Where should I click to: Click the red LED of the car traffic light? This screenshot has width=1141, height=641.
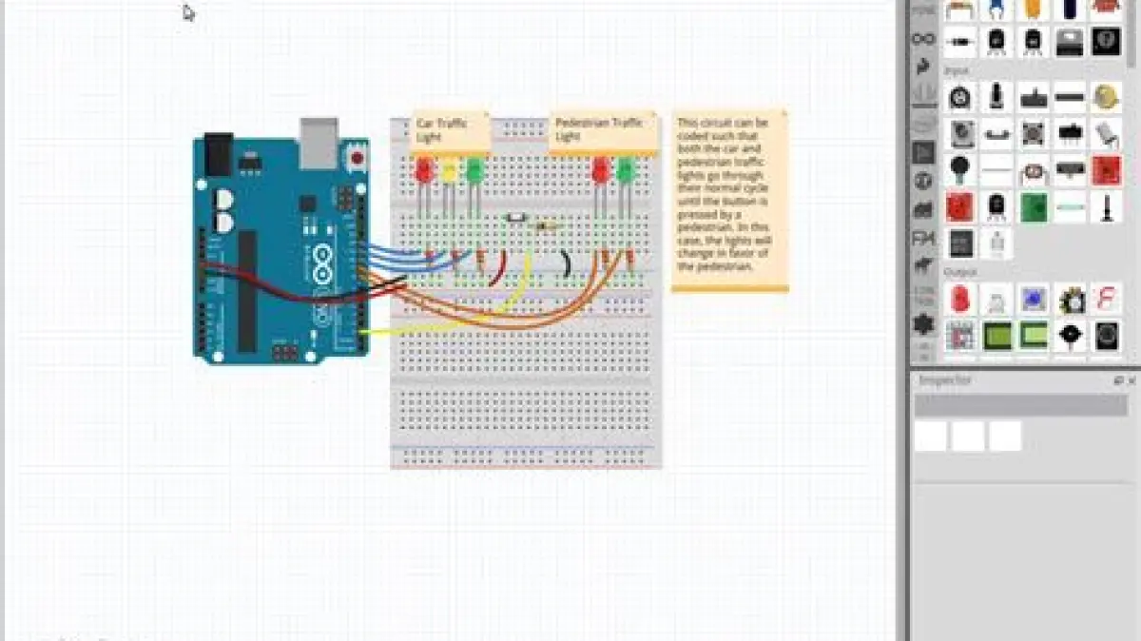coord(424,172)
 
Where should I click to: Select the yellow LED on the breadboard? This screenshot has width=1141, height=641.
coord(450,172)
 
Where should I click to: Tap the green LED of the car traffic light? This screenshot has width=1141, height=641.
coord(474,171)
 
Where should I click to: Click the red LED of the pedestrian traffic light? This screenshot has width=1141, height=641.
coord(600,171)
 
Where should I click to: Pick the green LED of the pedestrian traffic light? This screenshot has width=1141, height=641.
coord(625,171)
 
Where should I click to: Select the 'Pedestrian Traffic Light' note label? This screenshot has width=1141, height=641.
coord(603,130)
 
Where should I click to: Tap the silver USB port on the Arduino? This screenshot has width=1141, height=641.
coord(319,136)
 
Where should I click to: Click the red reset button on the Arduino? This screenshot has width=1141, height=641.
coord(357,158)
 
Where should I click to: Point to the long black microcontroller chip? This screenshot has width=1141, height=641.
coord(247,290)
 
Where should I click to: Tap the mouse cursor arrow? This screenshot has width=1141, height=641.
coord(188,12)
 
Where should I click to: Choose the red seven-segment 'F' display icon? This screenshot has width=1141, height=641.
coord(1106,299)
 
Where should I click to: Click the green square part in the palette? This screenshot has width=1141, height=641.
coord(1033,206)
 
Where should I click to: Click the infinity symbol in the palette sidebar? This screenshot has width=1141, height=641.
coord(922,39)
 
